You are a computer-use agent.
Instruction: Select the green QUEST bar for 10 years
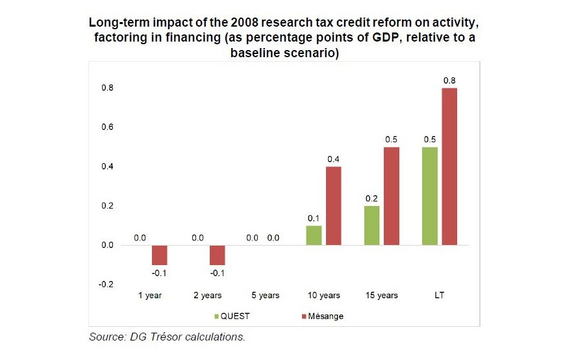[314, 235]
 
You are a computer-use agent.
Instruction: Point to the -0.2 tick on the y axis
[106, 285]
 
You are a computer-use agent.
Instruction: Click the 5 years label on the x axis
[264, 296]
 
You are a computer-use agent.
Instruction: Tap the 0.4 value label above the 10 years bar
[333, 159]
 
